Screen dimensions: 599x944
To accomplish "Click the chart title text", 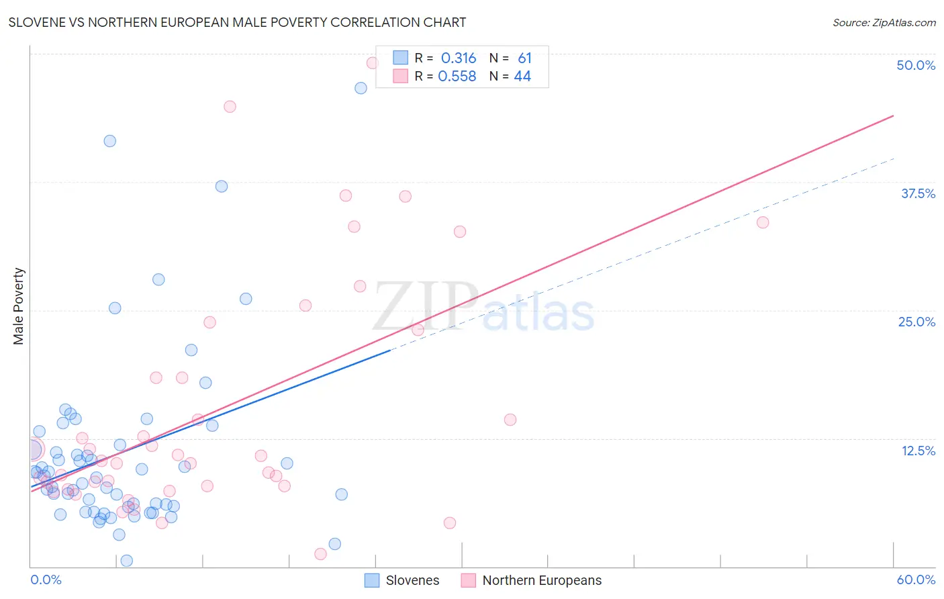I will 237,22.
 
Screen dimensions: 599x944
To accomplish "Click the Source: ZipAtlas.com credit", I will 884,22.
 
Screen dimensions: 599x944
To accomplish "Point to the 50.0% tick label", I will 915,65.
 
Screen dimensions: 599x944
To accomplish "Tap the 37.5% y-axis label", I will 918,193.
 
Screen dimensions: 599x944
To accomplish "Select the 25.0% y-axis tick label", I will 916,322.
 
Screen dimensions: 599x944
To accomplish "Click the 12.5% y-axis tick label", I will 918,451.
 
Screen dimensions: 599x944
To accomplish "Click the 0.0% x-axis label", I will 46,580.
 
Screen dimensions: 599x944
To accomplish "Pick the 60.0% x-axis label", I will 915,580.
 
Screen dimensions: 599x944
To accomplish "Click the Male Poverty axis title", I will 19,306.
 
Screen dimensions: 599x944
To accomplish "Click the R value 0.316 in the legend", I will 459,58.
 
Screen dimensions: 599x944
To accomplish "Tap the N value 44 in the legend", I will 522,77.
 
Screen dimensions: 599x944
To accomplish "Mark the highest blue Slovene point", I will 361,88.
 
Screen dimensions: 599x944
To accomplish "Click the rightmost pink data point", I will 763,222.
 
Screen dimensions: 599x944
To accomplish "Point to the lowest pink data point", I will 320,554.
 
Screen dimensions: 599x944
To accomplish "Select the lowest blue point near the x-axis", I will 126,561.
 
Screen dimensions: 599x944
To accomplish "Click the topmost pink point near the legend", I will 372,63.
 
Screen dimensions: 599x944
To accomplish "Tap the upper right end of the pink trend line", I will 893,116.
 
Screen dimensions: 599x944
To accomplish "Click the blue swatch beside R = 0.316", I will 400,58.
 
